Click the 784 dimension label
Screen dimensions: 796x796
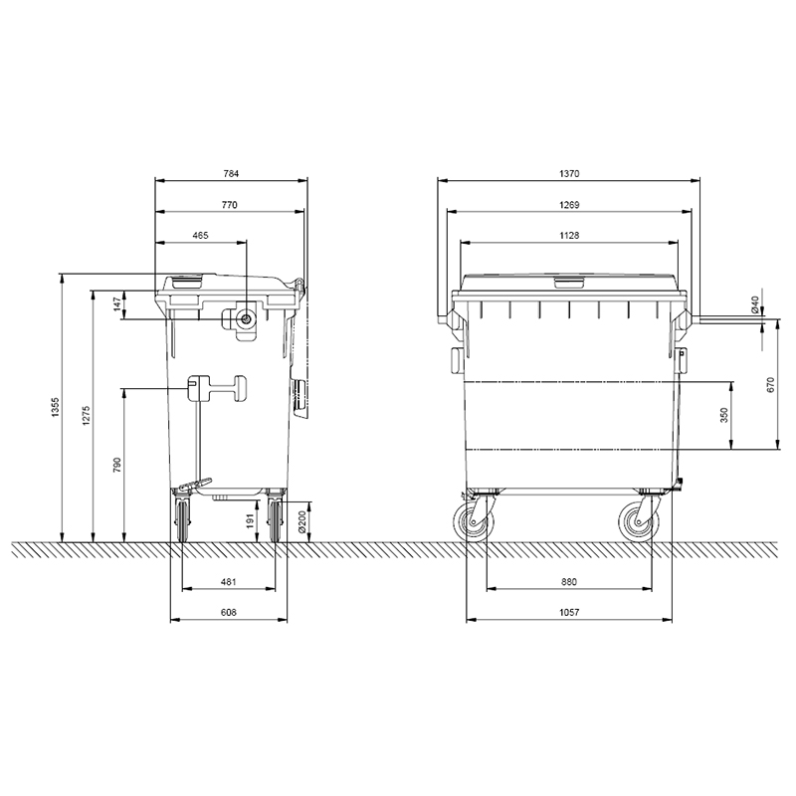(x=231, y=173)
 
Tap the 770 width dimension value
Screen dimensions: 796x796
(x=230, y=205)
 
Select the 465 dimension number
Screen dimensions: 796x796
(x=201, y=236)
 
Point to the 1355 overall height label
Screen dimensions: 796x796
(x=56, y=407)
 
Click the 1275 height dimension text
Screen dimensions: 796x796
(x=87, y=415)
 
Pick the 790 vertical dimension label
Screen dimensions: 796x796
(x=117, y=465)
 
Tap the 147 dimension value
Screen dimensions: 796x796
(x=117, y=304)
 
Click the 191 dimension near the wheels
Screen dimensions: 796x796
(x=250, y=520)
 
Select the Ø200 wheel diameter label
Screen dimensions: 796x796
(x=301, y=521)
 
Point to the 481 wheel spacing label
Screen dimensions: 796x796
(x=229, y=582)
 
